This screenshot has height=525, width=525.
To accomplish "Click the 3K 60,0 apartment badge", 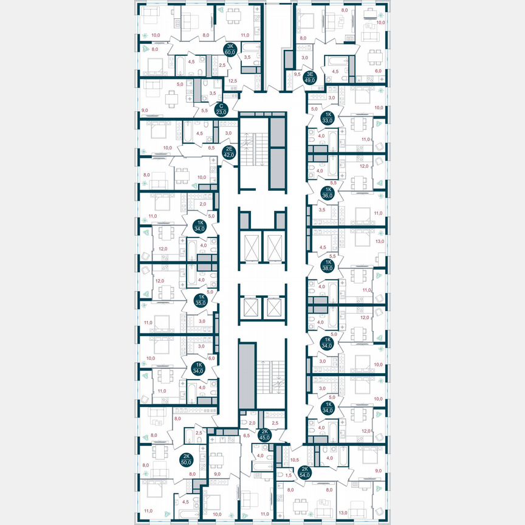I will click(x=230, y=50).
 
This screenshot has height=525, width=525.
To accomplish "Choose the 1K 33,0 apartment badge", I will click(x=328, y=117).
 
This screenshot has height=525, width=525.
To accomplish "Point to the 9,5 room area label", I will click(x=297, y=75).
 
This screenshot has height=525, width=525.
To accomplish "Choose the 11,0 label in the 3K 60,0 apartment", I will click(x=245, y=36).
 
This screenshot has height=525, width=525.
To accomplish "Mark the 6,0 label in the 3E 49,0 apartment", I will click(x=378, y=70).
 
